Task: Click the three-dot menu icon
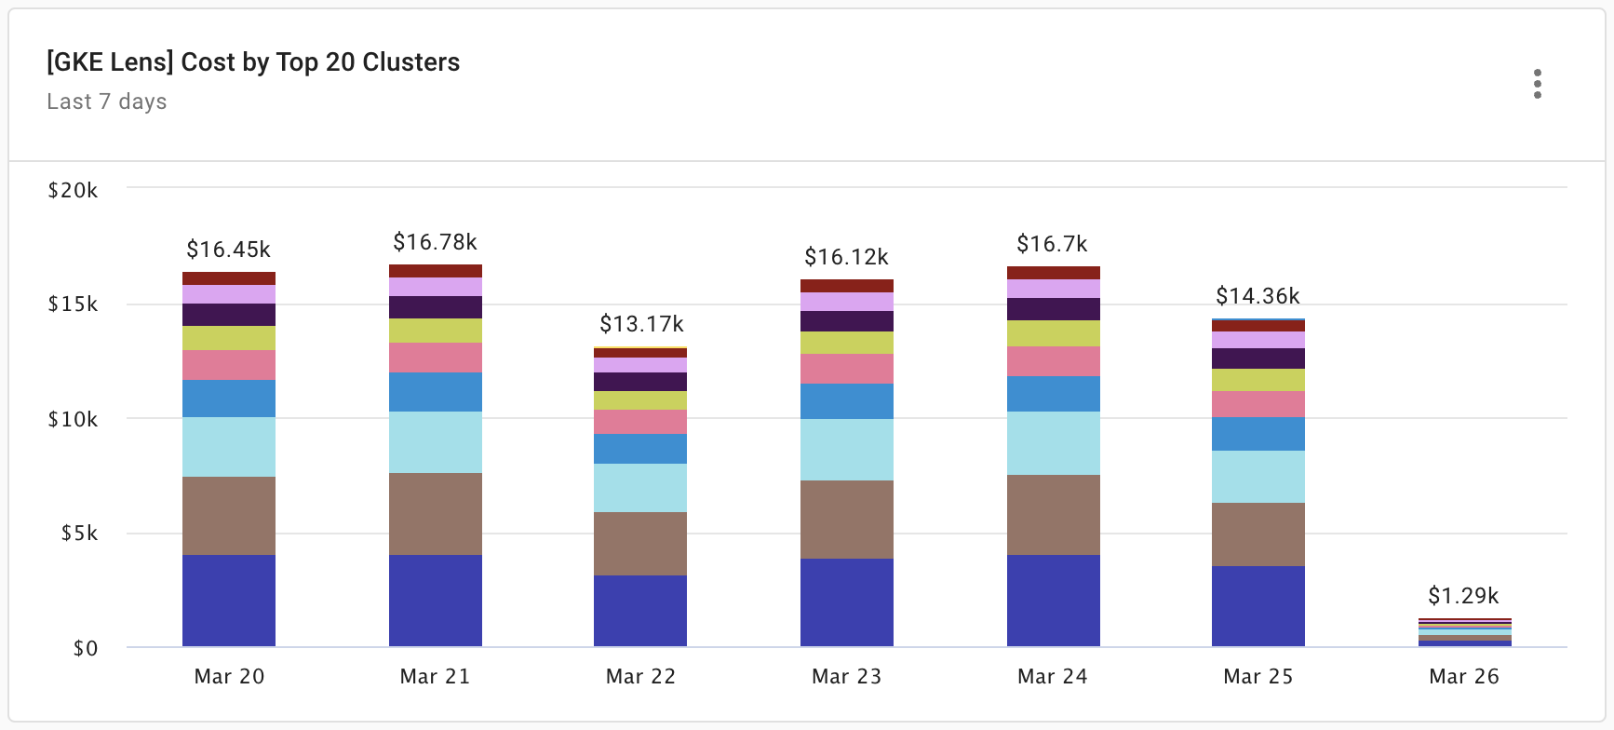(x=1537, y=84)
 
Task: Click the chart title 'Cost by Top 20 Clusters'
(x=253, y=62)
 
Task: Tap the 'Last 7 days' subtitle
(x=107, y=101)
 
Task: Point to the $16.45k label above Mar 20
(x=228, y=250)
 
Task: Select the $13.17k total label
(x=641, y=324)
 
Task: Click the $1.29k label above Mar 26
(x=1464, y=596)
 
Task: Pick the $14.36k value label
(x=1258, y=296)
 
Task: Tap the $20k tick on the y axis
(x=73, y=190)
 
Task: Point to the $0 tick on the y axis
(x=85, y=648)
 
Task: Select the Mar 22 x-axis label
(x=640, y=677)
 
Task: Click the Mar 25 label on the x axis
(x=1258, y=677)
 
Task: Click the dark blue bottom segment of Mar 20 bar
(x=229, y=601)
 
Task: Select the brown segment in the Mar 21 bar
(x=436, y=514)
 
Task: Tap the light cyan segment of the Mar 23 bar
(x=847, y=450)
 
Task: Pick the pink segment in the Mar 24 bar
(x=1054, y=361)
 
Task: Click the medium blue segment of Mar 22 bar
(x=640, y=449)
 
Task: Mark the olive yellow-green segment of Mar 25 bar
(x=1258, y=380)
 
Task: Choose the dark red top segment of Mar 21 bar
(x=436, y=271)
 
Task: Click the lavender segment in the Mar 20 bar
(x=229, y=294)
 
